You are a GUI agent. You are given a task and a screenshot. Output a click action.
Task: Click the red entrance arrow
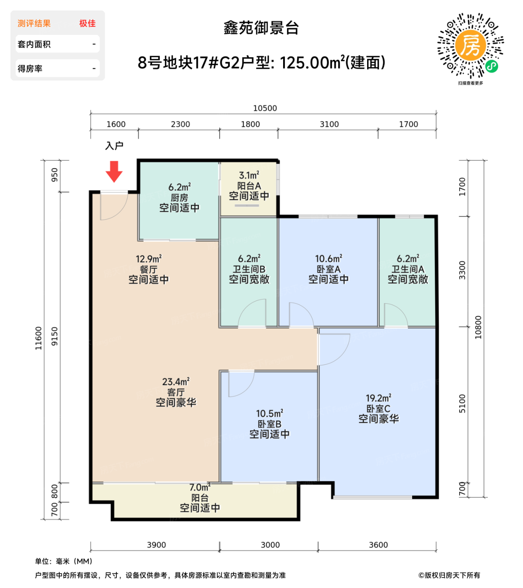pyautogui.click(x=113, y=171)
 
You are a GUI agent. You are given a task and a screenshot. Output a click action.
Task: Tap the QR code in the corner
pyautogui.click(x=470, y=46)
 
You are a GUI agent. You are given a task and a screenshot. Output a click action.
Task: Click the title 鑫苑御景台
pyautogui.click(x=261, y=28)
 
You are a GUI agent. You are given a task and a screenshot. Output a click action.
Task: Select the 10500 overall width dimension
pyautogui.click(x=265, y=108)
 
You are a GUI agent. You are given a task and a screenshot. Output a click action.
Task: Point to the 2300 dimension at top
pyautogui.click(x=180, y=124)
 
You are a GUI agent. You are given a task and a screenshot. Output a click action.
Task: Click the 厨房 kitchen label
pyautogui.click(x=179, y=197)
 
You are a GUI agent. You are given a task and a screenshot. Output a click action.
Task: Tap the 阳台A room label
pyautogui.click(x=249, y=186)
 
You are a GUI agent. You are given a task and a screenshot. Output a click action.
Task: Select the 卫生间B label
pyautogui.click(x=249, y=269)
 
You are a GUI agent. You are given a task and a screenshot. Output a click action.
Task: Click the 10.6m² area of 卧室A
pyautogui.click(x=329, y=259)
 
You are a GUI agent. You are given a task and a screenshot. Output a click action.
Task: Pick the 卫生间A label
pyautogui.click(x=407, y=269)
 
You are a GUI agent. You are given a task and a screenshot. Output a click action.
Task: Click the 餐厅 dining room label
pyautogui.click(x=148, y=269)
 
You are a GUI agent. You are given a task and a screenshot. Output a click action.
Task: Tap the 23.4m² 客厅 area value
pyautogui.click(x=176, y=382)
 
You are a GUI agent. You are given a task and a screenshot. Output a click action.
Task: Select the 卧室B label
pyautogui.click(x=269, y=424)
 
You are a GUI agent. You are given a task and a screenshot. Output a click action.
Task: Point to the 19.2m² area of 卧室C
pyautogui.click(x=378, y=398)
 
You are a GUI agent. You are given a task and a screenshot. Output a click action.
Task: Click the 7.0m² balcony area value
pyautogui.click(x=200, y=488)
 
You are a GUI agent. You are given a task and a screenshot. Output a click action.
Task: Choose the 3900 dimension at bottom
pyautogui.click(x=156, y=545)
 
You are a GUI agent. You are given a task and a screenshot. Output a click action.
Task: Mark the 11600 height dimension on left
pyautogui.click(x=39, y=338)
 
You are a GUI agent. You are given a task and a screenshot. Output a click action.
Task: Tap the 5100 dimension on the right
pyautogui.click(x=462, y=403)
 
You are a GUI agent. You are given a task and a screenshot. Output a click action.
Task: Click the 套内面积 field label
pyautogui.click(x=34, y=44)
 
